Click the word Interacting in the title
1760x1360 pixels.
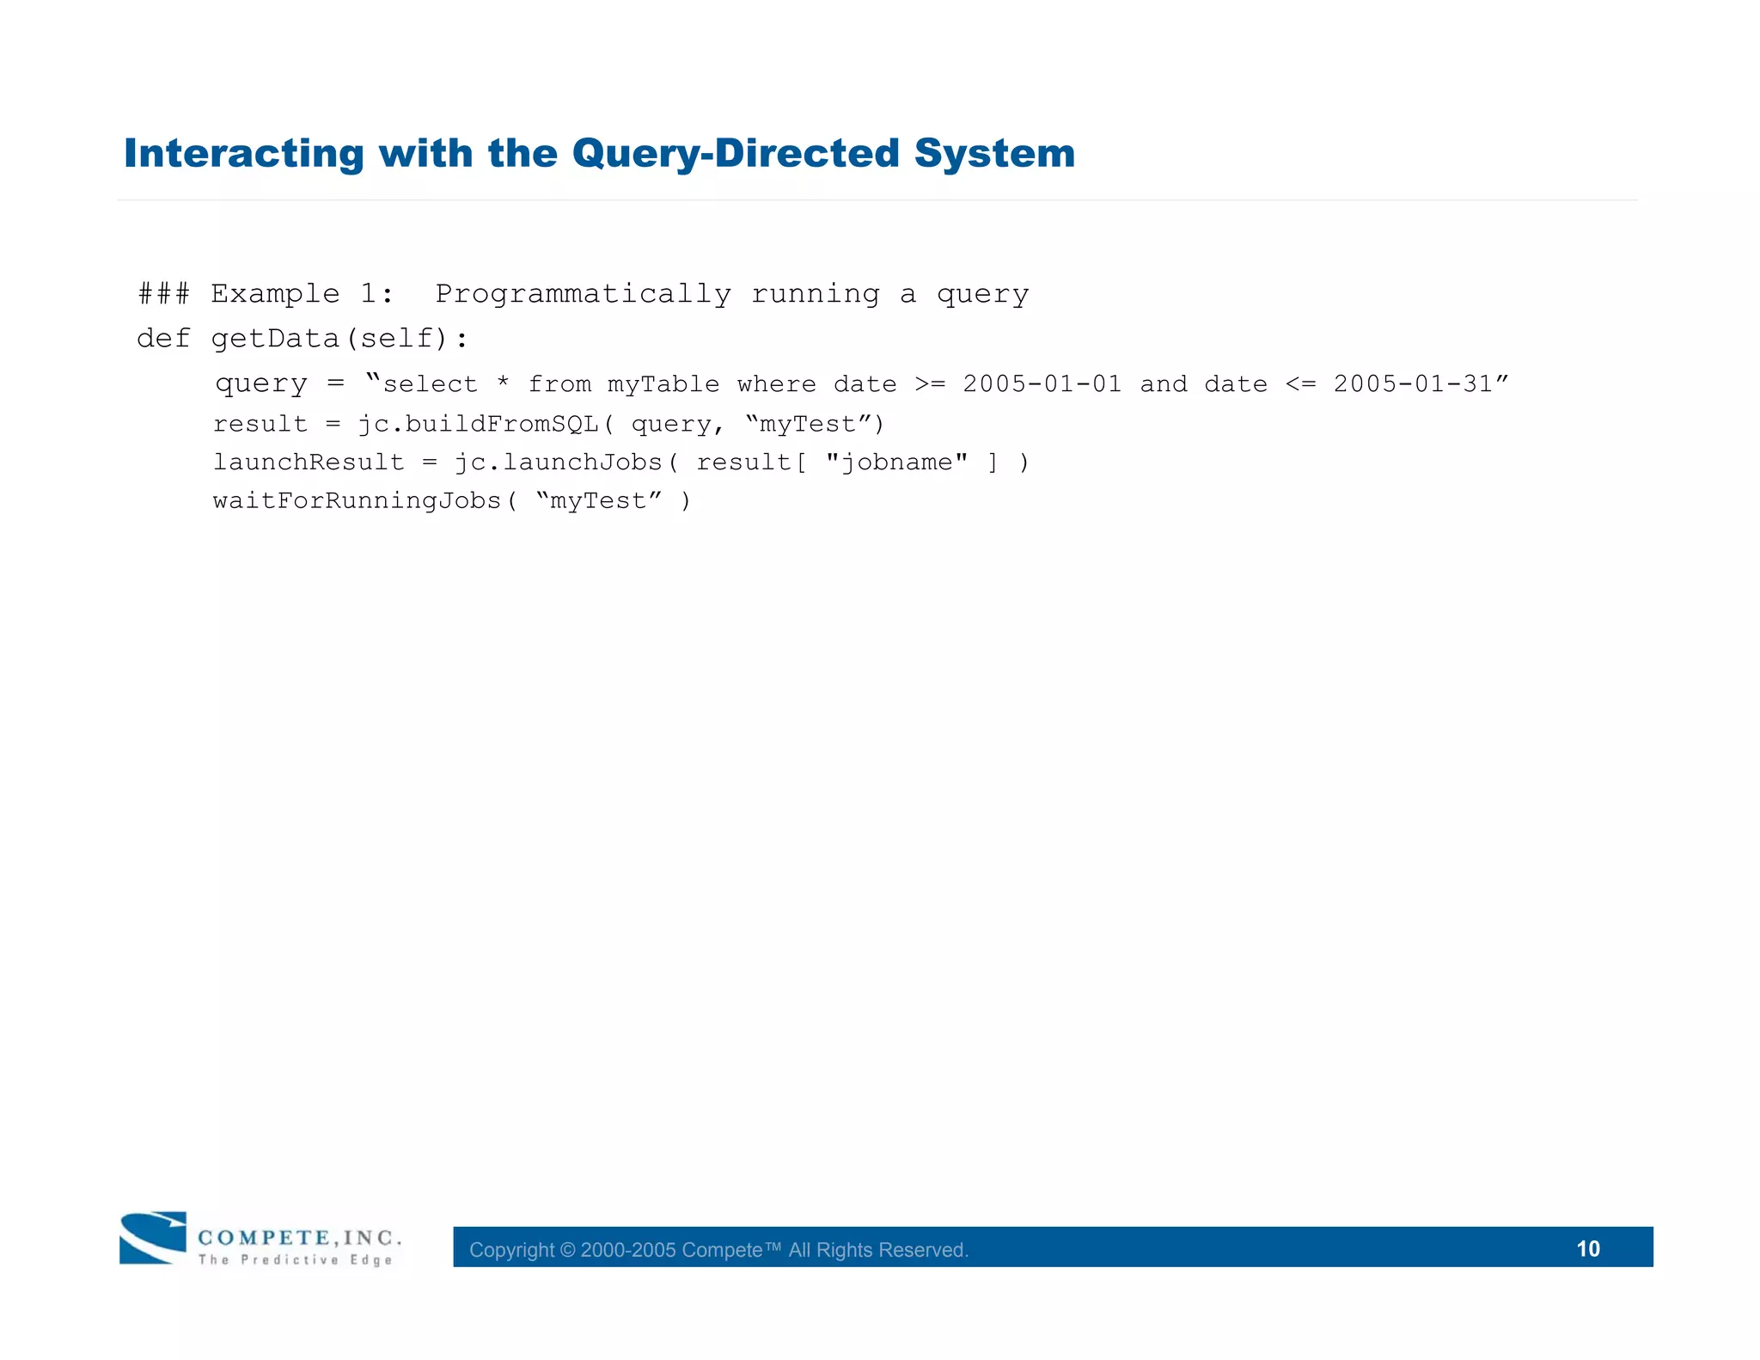coord(244,154)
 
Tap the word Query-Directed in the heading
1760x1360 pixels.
coord(736,154)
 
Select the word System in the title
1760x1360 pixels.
coord(994,154)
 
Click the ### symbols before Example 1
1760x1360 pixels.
coord(163,294)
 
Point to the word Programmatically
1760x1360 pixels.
coord(583,294)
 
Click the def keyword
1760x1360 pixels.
coord(163,339)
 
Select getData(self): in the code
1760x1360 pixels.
coord(339,339)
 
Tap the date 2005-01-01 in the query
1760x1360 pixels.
coord(1042,384)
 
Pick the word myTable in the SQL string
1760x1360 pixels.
coord(663,384)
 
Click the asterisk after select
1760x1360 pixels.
coord(503,384)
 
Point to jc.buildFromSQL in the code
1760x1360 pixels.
coord(479,425)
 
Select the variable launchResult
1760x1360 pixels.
coord(309,463)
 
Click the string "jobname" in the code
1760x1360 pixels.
coord(896,463)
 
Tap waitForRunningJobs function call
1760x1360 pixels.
coord(357,501)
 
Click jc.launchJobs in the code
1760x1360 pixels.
coord(558,463)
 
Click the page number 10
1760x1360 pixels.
coord(1587,1248)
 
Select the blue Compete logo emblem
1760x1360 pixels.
coord(153,1238)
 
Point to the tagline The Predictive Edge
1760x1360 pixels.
coord(296,1260)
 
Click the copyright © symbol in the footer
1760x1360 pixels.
coord(567,1250)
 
